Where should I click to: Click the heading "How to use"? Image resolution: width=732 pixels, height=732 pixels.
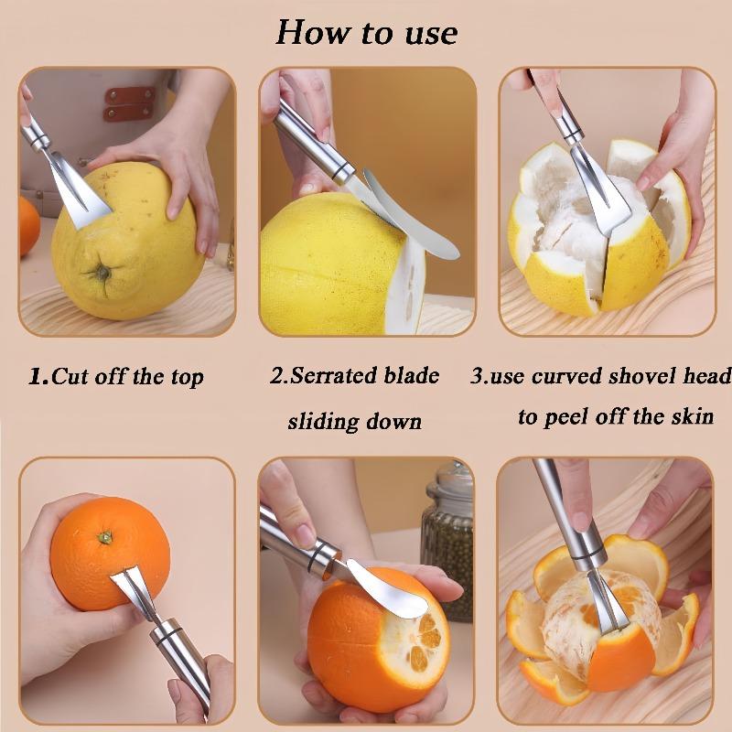click(x=367, y=33)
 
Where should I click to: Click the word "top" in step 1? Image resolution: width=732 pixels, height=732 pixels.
click(x=188, y=378)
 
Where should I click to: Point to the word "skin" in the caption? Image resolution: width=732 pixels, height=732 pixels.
click(x=693, y=415)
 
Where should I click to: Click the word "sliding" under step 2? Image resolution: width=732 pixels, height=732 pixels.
click(x=323, y=422)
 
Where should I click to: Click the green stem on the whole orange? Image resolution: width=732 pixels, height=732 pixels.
click(x=105, y=537)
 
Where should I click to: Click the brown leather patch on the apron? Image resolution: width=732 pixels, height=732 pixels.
click(x=130, y=103)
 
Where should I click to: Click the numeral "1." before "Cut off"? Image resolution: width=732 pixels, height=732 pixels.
click(x=38, y=376)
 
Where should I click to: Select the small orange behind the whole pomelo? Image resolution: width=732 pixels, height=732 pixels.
click(x=29, y=225)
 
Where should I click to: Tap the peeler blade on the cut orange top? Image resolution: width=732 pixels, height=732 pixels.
click(x=387, y=588)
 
